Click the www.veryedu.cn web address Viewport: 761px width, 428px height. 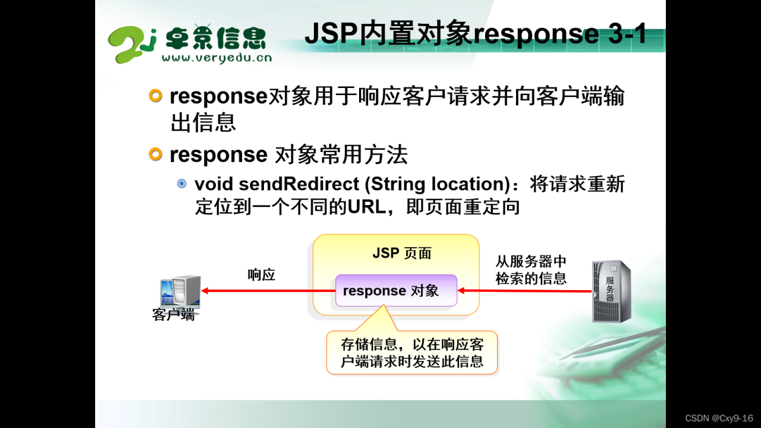click(217, 58)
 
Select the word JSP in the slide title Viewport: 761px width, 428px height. click(331, 33)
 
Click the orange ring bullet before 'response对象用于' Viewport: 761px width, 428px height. click(155, 96)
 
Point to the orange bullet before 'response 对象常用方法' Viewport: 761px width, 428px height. click(155, 154)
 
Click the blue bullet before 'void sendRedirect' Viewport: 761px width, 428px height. click(182, 184)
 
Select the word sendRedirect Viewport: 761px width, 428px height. click(298, 184)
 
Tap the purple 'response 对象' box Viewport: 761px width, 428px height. click(396, 291)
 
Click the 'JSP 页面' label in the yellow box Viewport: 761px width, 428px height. click(402, 253)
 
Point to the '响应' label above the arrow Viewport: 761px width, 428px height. click(261, 275)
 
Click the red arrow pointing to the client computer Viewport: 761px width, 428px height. click(268, 291)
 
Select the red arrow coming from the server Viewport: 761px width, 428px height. click(524, 291)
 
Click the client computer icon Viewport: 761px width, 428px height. click(180, 292)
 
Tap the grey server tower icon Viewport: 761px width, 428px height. click(612, 291)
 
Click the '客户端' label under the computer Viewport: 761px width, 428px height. click(173, 314)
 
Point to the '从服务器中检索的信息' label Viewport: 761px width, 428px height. click(531, 270)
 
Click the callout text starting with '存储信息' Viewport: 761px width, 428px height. click(412, 353)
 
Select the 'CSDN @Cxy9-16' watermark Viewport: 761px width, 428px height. click(719, 418)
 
